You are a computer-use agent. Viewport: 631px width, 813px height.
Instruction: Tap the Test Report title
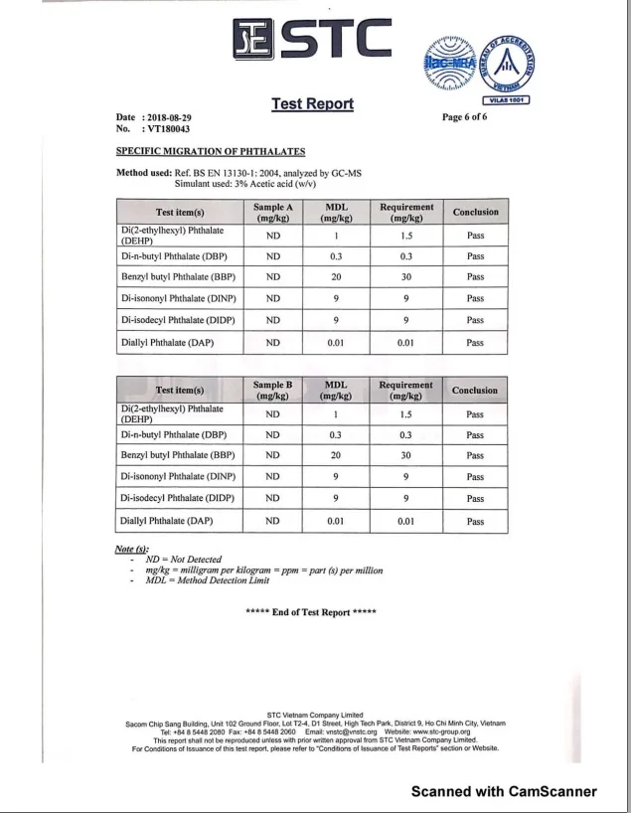313,104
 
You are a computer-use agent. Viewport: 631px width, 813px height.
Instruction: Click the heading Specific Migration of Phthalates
211,151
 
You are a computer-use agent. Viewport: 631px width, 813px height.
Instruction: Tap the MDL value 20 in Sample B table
336,456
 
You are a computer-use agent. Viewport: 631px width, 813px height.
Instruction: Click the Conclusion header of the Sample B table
475,390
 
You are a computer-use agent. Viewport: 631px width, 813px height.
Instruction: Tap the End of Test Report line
310,612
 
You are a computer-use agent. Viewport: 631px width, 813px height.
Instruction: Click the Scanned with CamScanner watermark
505,792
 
